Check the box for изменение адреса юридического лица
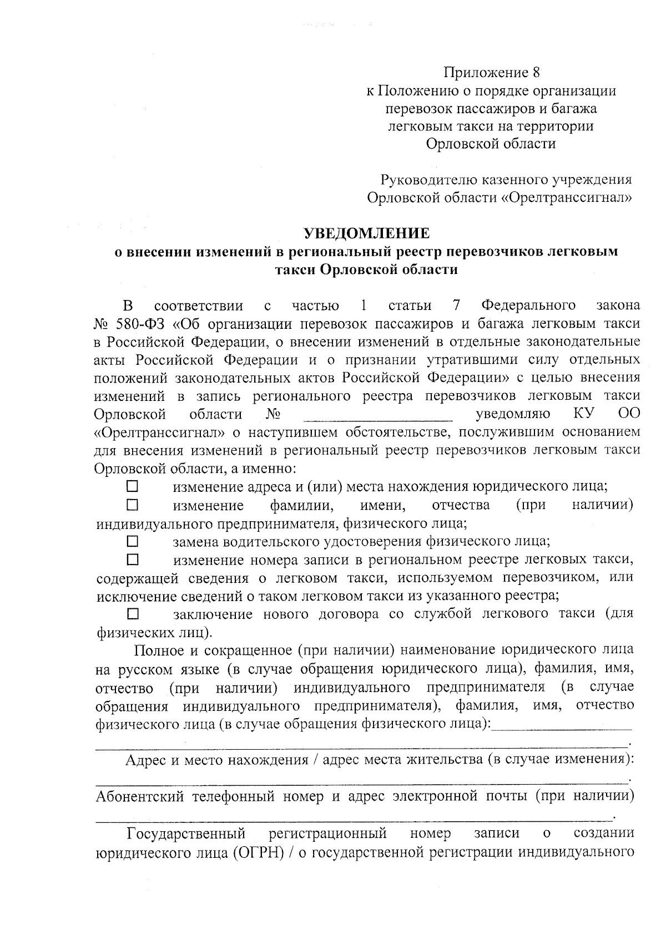coord(132,487)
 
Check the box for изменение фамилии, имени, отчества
coord(132,505)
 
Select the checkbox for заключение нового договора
coord(132,614)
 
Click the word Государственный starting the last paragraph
coord(186,833)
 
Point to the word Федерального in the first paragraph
coord(528,305)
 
